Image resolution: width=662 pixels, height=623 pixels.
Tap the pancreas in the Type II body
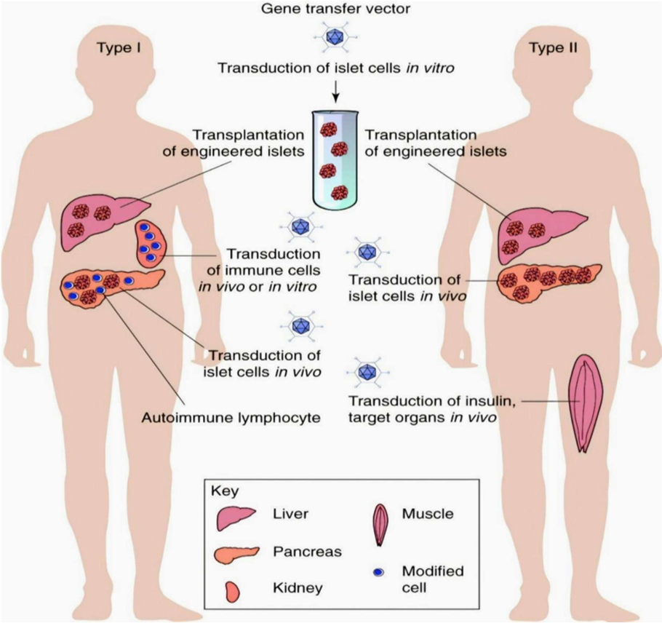549,280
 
